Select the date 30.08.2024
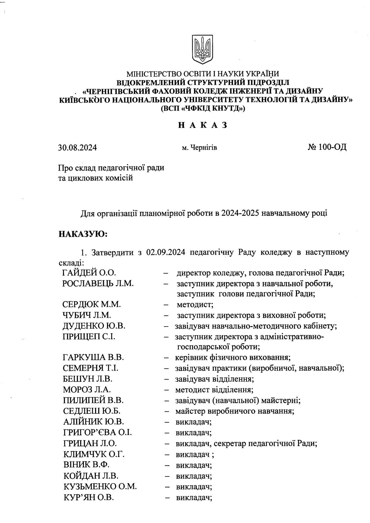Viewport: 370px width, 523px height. pyautogui.click(x=77, y=148)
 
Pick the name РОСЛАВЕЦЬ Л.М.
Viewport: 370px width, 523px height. pyautogui.click(x=98, y=284)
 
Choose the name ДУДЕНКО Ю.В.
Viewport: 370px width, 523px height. pyautogui.click(x=94, y=326)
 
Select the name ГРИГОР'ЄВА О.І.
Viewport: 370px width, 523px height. pyautogui.click(x=98, y=433)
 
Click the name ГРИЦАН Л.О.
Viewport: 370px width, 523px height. pyautogui.click(x=90, y=443)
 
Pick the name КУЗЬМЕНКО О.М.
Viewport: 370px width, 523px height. pyautogui.click(x=100, y=486)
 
